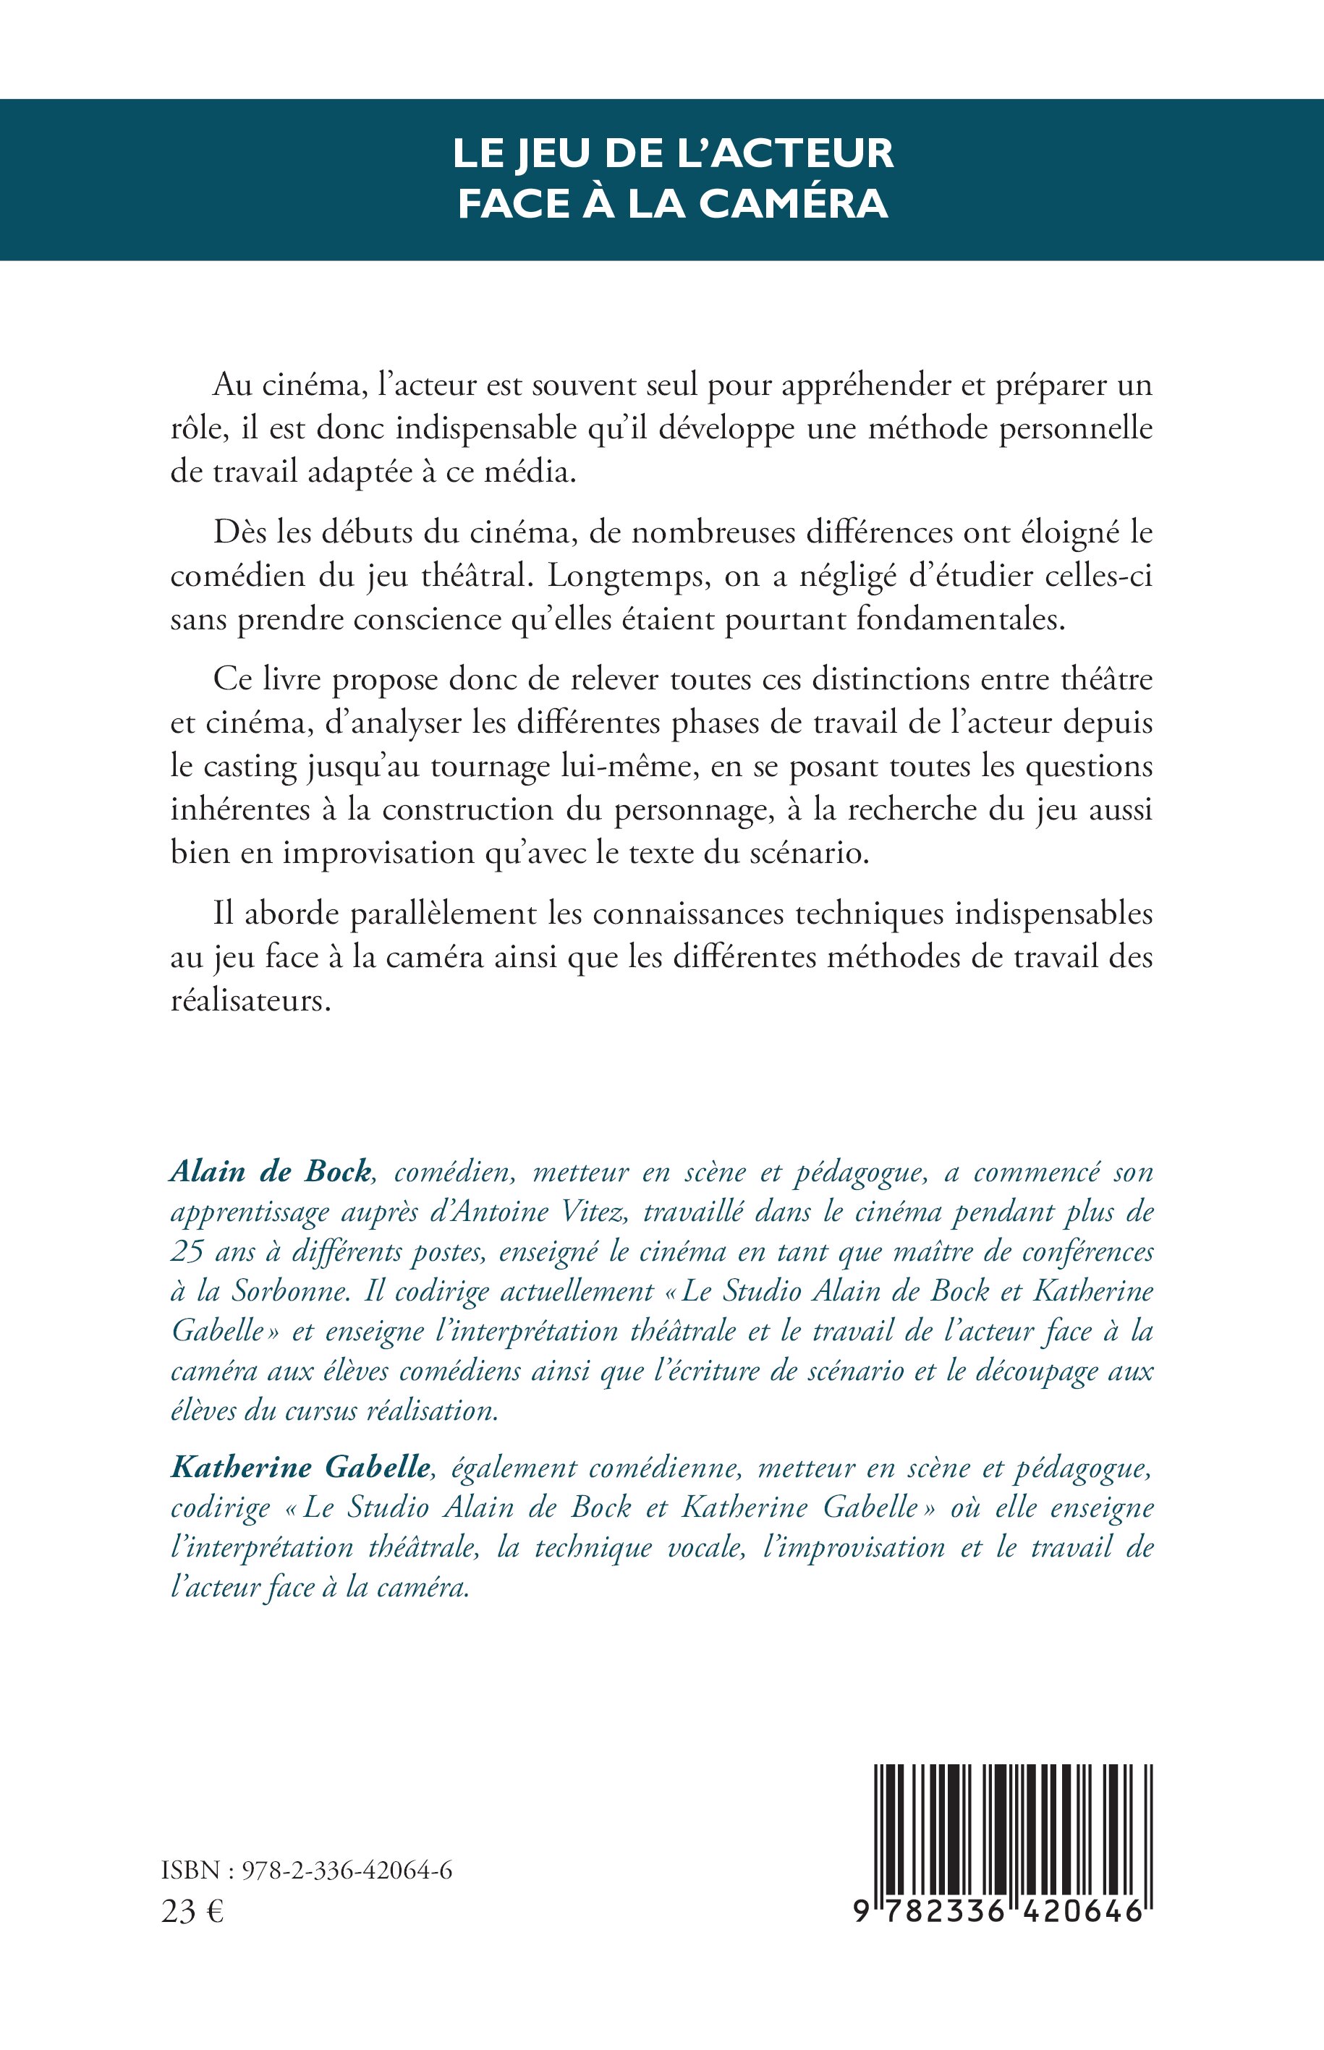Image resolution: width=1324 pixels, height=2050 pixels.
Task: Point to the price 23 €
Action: (192, 1913)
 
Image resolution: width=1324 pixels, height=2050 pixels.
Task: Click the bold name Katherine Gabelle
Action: (300, 1467)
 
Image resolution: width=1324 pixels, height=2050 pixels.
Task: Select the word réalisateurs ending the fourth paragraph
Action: (250, 1001)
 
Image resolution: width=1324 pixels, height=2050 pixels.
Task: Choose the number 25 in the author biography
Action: (187, 1252)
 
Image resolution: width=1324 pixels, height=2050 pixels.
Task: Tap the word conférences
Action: (1087, 1252)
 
